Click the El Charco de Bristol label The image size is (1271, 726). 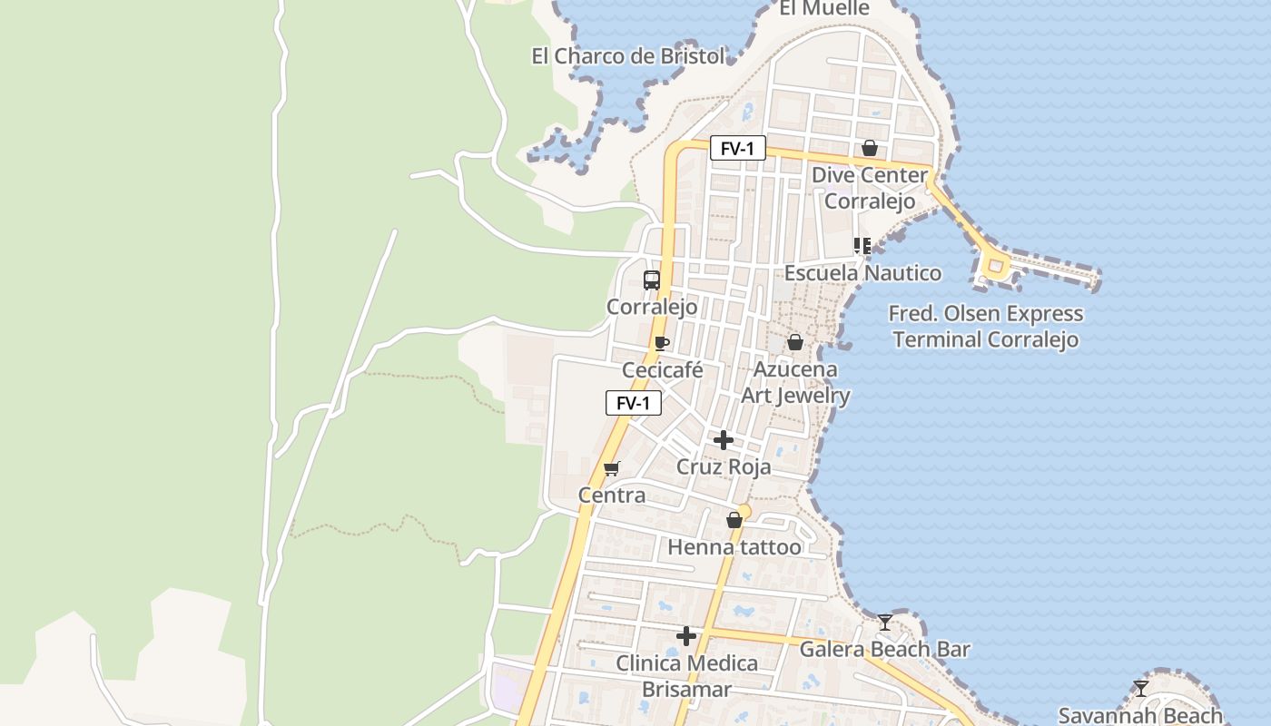(x=628, y=56)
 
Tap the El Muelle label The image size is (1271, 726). (x=824, y=8)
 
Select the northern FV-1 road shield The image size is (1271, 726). (x=737, y=148)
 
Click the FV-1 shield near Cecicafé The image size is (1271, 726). (x=633, y=403)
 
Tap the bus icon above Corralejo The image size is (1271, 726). (x=652, y=280)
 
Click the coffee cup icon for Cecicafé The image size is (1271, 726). (x=662, y=343)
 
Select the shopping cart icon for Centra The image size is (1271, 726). (x=611, y=468)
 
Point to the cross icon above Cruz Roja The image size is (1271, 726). (x=724, y=440)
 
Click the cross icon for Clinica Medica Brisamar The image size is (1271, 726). (x=686, y=636)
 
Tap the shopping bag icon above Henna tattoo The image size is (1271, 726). (x=734, y=520)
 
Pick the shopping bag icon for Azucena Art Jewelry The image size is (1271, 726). (x=795, y=342)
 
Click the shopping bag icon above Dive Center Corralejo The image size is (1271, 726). (x=870, y=148)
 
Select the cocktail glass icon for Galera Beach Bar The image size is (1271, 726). (x=885, y=623)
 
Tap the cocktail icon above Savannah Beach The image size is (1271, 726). (x=1141, y=688)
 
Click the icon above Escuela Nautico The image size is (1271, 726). (x=862, y=245)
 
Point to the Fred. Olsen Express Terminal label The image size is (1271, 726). (x=986, y=327)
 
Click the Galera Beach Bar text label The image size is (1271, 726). (x=884, y=650)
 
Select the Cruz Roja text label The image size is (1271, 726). (x=724, y=467)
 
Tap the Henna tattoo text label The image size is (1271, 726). (x=734, y=547)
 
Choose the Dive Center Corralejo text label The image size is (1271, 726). (x=870, y=188)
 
